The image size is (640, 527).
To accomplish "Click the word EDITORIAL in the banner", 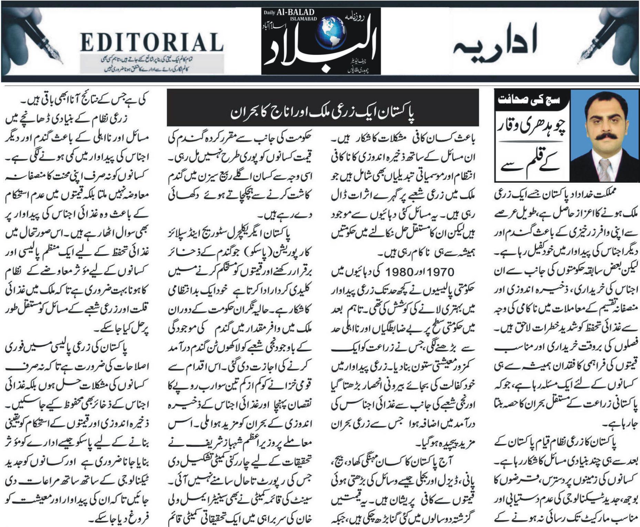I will pyautogui.click(x=152, y=42).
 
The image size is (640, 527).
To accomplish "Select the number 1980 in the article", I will pyautogui.click(x=399, y=272).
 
